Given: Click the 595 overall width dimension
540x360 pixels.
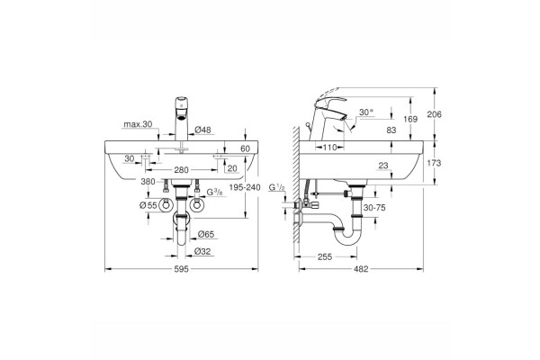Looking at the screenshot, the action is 182,269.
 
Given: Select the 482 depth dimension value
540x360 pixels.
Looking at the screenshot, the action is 361,269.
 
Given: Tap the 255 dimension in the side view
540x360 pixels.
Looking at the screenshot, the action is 325,257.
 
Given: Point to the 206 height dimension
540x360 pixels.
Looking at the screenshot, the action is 434,114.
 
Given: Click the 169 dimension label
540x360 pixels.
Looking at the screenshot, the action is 410,119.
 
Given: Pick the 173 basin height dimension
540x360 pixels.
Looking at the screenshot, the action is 434,163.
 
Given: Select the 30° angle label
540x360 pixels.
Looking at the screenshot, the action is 366,112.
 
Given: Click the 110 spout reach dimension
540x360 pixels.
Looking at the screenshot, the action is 329,148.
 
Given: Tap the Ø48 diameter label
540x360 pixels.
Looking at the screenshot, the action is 202,130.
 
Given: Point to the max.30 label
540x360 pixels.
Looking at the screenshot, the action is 138,124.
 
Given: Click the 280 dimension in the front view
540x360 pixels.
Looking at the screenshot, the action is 181,170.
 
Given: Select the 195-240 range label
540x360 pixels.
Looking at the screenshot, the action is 245,187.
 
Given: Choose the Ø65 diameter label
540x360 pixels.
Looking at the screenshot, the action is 205,235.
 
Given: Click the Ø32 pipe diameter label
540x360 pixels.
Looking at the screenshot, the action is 202,251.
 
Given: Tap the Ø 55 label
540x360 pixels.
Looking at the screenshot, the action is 148,206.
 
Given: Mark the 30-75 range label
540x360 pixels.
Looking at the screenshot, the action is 374,208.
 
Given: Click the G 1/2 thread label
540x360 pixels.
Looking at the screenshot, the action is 277,188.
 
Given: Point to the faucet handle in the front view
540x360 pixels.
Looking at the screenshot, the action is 182,103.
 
